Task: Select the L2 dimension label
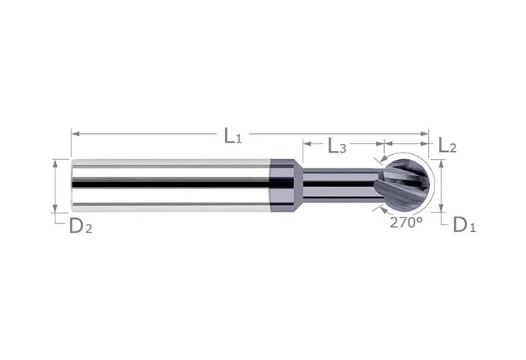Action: click(x=447, y=147)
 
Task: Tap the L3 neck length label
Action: click(x=336, y=147)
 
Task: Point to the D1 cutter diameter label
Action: click(x=463, y=226)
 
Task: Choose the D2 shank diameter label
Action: click(x=80, y=227)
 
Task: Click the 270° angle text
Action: click(x=406, y=222)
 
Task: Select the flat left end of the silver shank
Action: click(x=72, y=185)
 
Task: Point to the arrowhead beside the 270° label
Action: click(x=380, y=209)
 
